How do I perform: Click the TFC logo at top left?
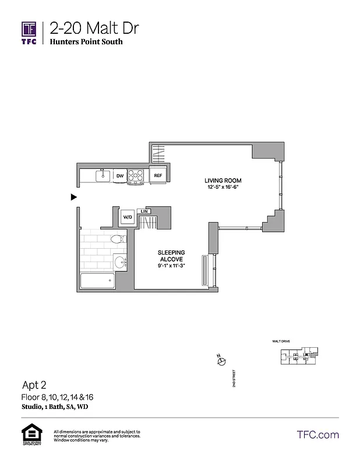click(29, 33)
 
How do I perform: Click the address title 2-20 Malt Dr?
click(94, 29)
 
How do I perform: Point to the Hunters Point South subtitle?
click(86, 42)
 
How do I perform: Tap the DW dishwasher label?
click(119, 175)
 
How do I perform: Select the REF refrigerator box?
click(158, 175)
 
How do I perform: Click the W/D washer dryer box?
click(127, 217)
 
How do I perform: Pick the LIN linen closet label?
click(144, 211)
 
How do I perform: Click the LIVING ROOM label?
click(223, 180)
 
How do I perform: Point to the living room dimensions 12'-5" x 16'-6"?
click(223, 186)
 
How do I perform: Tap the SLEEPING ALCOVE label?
click(171, 256)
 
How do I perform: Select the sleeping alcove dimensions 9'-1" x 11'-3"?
click(171, 266)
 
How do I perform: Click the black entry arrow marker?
click(73, 197)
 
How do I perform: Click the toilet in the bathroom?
click(117, 239)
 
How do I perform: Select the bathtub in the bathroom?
click(98, 281)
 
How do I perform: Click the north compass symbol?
click(221, 362)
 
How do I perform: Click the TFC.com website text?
click(317, 435)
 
